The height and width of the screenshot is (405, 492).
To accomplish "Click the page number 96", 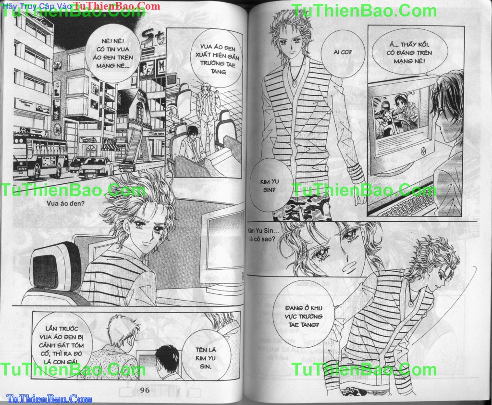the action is (145, 390).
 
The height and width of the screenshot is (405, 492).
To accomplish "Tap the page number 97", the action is (350, 390).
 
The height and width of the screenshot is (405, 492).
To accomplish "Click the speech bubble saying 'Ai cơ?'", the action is (343, 52).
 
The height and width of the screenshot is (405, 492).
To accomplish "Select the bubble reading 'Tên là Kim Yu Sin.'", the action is (206, 358).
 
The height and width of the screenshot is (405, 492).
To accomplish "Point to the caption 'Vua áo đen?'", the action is (65, 203).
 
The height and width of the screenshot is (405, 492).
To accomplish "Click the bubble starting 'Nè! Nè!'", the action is (113, 53).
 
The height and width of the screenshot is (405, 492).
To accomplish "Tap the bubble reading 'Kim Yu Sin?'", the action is (269, 186).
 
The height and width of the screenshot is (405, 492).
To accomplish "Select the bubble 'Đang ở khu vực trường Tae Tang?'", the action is (304, 316).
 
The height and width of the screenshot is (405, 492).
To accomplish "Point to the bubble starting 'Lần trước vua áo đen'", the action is (62, 345).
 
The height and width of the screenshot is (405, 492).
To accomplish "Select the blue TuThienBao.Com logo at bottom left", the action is (49, 399).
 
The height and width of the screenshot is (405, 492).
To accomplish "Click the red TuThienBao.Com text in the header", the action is (116, 6).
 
